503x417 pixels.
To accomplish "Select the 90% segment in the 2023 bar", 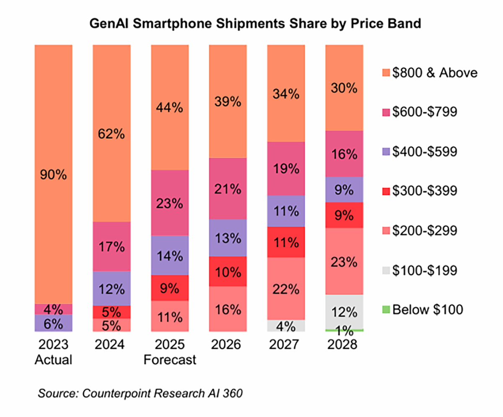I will (54, 174).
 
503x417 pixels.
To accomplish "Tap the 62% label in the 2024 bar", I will (112, 135).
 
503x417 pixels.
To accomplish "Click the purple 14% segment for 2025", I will (170, 255).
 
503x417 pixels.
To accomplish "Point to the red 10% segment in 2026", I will (228, 271).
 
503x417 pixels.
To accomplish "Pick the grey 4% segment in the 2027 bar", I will (286, 326).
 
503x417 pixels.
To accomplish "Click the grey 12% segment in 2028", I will (344, 312).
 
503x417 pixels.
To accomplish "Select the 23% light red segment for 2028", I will (344, 262).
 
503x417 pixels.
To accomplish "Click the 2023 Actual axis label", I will (54, 353).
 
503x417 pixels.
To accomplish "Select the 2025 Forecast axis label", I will (170, 353).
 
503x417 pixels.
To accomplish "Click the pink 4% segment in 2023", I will (54, 309).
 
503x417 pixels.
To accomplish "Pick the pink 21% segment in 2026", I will (228, 189).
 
